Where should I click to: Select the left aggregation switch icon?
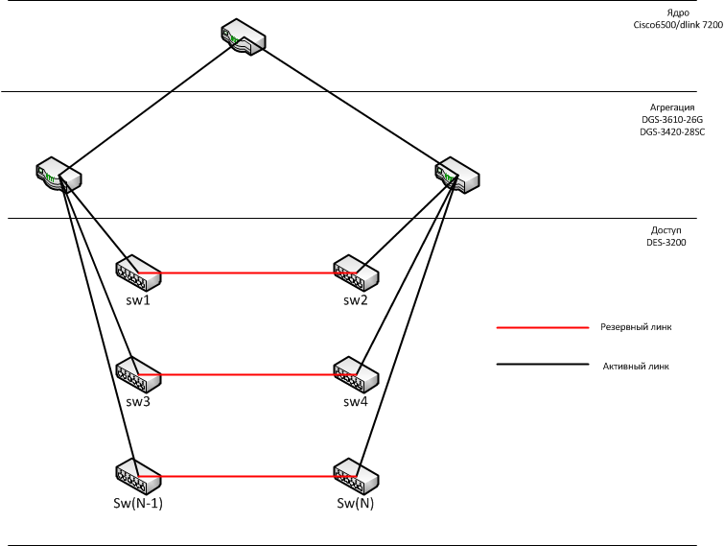click(x=58, y=174)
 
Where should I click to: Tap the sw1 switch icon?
click(x=137, y=273)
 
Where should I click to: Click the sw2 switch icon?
click(x=356, y=273)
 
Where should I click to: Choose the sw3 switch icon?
click(x=137, y=373)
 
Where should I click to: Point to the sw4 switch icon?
click(x=356, y=373)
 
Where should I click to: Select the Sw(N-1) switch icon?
click(x=137, y=476)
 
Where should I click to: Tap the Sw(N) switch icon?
click(x=356, y=476)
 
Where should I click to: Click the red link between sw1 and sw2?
click(x=246, y=273)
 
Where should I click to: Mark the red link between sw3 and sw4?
click(x=246, y=374)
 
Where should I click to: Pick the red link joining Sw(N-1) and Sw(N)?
click(x=246, y=476)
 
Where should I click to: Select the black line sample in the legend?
click(x=541, y=365)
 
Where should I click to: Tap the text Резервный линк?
click(x=637, y=327)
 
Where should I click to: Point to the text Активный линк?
click(x=636, y=365)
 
